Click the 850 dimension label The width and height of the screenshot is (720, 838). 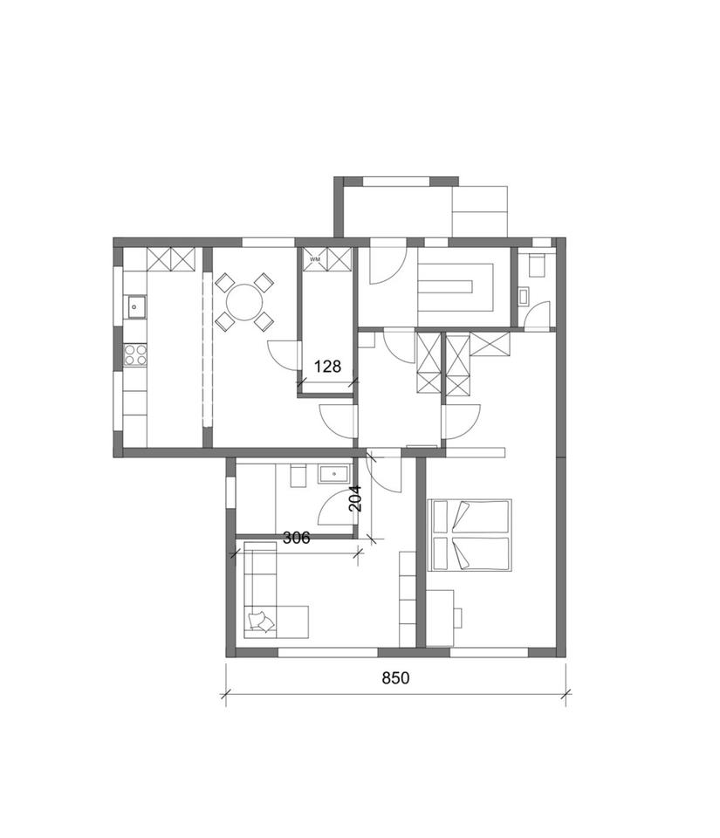[395, 677]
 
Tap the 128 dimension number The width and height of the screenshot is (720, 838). [327, 366]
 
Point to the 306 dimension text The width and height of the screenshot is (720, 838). [296, 538]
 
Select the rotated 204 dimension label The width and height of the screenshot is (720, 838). [355, 498]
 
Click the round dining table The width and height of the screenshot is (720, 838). [244, 302]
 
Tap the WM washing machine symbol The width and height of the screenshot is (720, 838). [315, 259]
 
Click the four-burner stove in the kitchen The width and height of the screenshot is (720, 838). [135, 355]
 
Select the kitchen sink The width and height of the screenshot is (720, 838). [135, 306]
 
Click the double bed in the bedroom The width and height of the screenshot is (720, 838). [470, 535]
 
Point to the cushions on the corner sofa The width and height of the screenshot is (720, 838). [262, 621]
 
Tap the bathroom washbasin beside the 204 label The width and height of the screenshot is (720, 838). [334, 474]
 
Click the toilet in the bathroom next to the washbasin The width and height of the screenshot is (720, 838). [298, 475]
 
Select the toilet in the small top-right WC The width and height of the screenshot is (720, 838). [535, 265]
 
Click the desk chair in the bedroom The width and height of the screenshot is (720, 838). [457, 617]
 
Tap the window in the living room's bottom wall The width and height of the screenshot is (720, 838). [328, 653]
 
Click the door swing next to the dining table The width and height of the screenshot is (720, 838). [282, 355]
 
